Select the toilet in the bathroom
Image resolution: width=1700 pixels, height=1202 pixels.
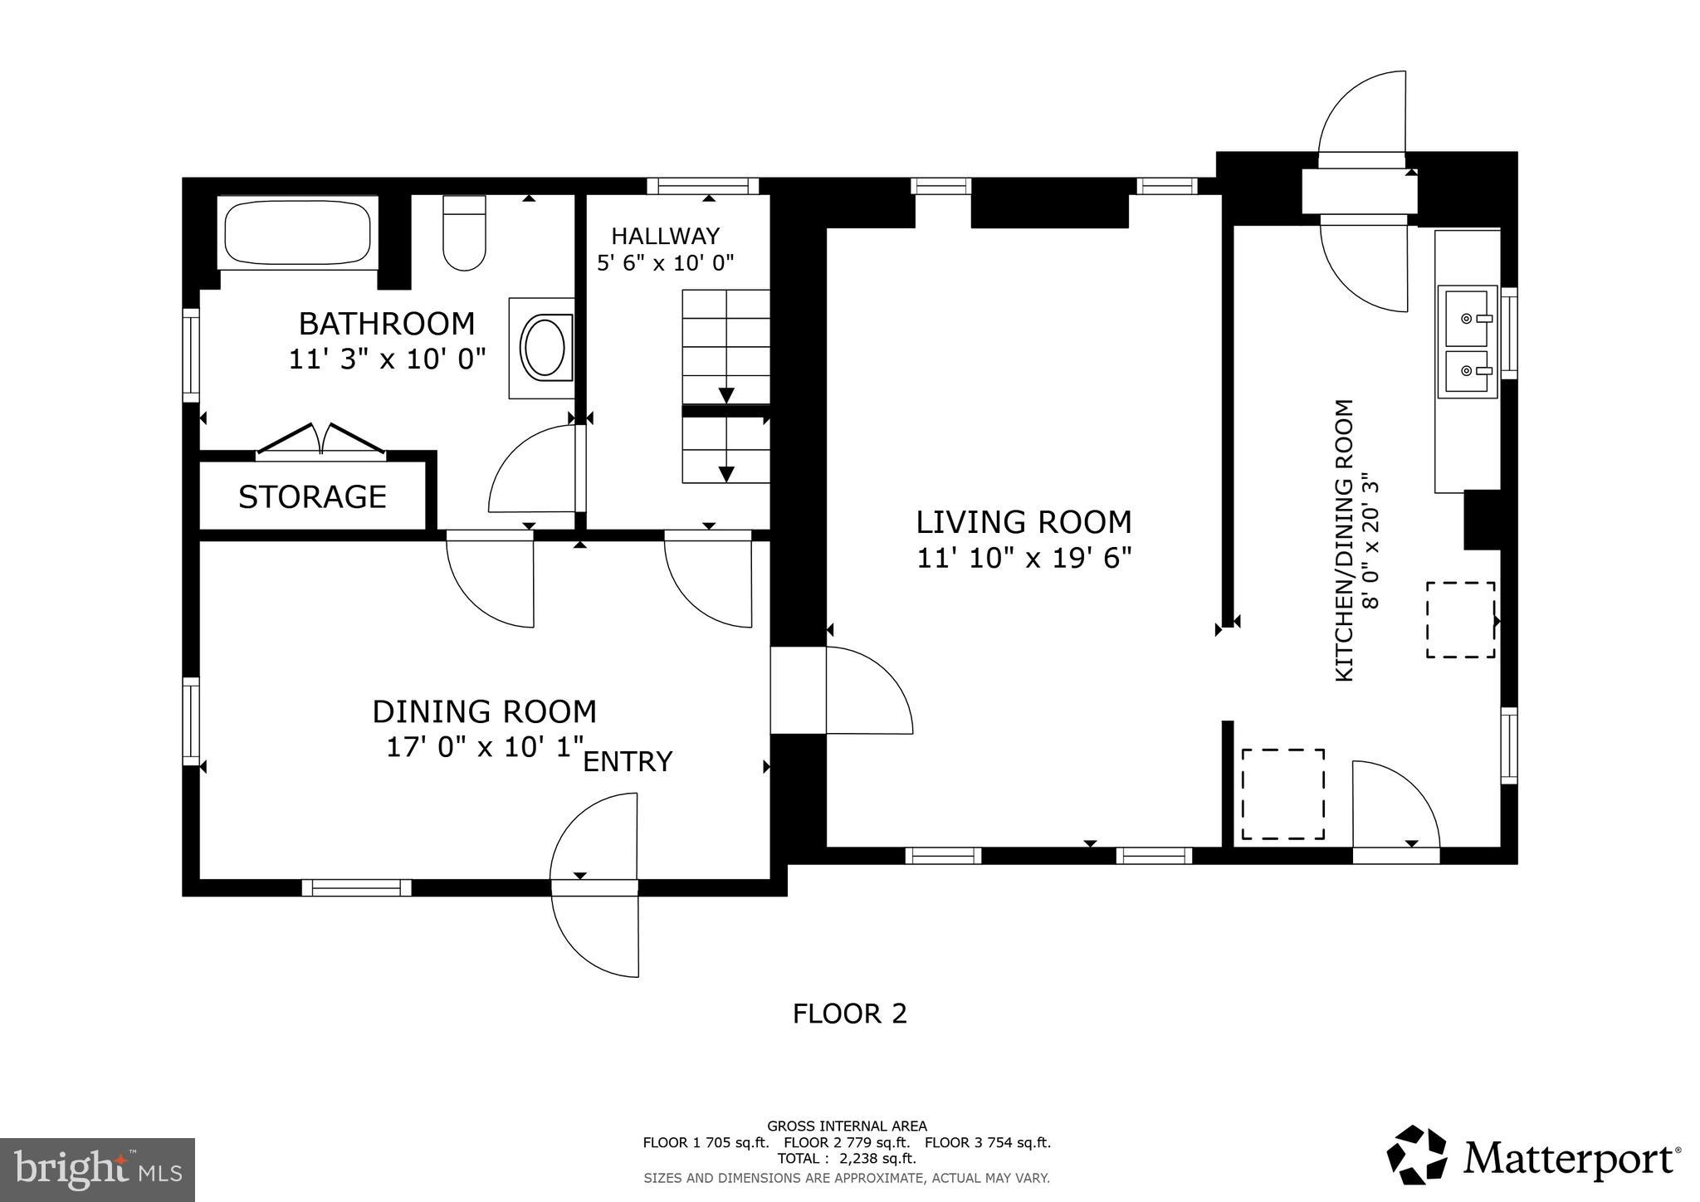[464, 234]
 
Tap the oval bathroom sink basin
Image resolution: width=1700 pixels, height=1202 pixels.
[545, 347]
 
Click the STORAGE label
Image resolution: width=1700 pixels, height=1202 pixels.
[312, 497]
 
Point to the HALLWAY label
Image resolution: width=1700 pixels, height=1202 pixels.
[666, 237]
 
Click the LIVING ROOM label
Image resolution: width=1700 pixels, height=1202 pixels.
[1023, 522]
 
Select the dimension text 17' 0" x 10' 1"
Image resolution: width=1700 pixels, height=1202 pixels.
[486, 746]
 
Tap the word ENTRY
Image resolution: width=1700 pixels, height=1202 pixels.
[628, 762]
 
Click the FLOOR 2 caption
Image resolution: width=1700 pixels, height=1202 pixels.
[849, 1014]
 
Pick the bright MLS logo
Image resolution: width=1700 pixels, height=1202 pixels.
[98, 1170]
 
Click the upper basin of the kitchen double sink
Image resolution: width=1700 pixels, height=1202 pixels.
[1467, 317]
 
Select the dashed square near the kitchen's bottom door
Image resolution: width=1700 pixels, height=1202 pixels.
[1282, 794]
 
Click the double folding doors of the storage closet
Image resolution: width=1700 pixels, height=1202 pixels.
[320, 439]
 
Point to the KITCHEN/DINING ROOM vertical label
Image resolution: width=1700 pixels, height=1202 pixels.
[1344, 541]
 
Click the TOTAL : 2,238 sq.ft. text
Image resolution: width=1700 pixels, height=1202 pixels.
[847, 1159]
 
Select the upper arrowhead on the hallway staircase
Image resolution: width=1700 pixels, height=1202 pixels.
[726, 394]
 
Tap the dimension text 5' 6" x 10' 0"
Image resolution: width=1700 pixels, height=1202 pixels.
[666, 264]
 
